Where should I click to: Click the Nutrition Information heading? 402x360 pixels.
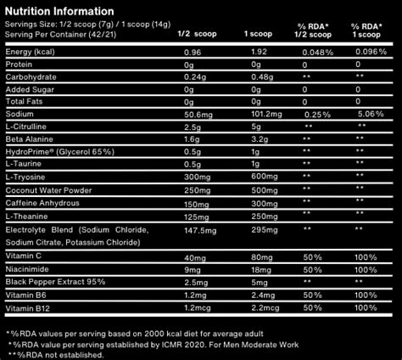59,11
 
